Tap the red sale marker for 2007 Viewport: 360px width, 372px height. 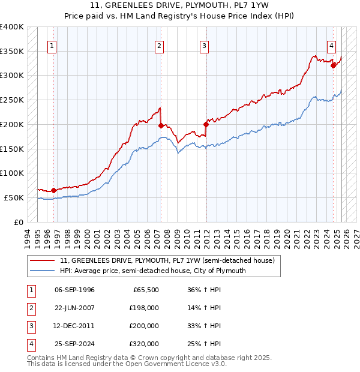(x=161, y=125)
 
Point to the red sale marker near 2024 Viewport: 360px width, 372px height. (x=333, y=66)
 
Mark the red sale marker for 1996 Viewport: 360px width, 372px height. (x=53, y=190)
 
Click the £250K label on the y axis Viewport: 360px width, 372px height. (x=12, y=100)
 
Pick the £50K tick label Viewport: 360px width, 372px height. (x=14, y=197)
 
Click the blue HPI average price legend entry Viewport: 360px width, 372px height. (x=152, y=271)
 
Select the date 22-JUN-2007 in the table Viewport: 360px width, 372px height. (x=74, y=308)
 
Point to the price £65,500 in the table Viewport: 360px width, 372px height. (x=145, y=290)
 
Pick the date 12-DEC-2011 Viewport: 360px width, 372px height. (x=74, y=326)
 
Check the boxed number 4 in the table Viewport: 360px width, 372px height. (x=29, y=344)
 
